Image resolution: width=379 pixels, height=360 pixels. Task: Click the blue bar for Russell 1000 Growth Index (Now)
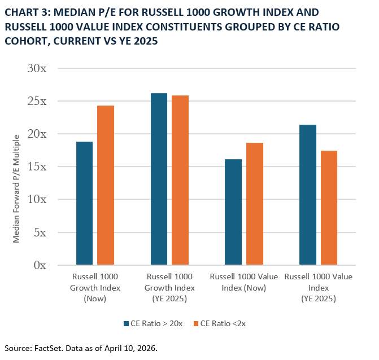84,203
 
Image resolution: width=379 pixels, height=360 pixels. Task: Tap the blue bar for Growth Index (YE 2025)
159,179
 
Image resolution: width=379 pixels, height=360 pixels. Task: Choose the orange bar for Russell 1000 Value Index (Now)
255,204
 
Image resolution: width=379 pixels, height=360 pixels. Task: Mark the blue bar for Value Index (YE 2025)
308,195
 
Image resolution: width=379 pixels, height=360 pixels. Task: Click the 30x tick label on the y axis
38,68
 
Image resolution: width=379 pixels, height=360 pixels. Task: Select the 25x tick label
38,101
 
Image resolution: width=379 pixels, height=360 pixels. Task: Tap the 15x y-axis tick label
38,166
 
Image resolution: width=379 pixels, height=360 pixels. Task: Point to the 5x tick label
41,232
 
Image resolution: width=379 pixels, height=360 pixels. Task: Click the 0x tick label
41,265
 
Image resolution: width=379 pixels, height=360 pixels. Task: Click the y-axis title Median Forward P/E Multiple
17,188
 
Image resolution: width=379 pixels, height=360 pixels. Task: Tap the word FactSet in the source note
49,348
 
